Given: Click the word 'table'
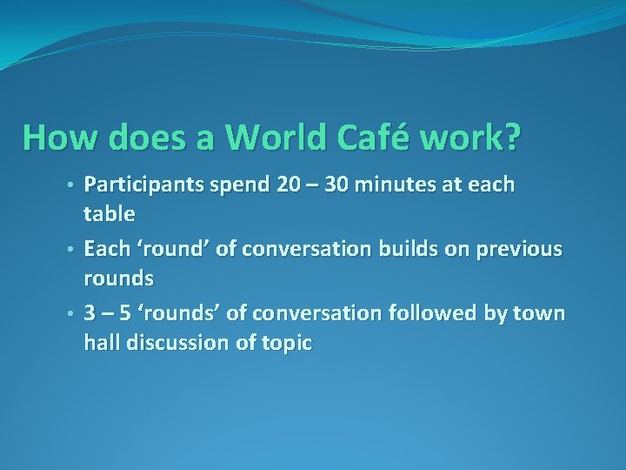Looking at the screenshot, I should point(109,213).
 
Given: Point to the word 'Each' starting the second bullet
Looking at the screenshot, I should point(107,249).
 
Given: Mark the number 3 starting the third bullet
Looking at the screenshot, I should point(90,313).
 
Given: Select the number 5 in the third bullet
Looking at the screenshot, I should point(125,313).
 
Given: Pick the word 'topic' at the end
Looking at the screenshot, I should point(286,343).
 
